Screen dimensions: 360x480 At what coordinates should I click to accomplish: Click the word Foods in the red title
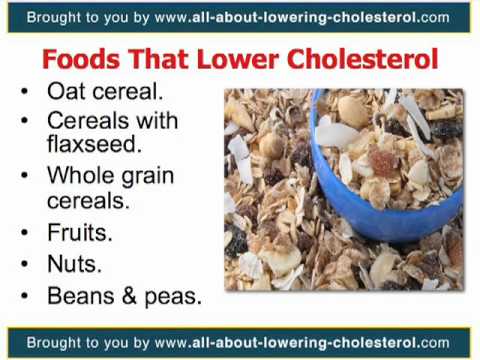[79, 59]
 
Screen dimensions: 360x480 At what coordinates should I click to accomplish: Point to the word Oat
[66, 91]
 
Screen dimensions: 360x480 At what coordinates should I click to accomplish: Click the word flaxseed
[89, 146]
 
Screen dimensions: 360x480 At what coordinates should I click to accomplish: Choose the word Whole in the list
[79, 176]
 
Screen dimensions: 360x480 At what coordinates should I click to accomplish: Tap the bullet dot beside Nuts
[26, 265]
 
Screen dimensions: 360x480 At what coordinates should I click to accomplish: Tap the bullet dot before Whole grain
[26, 177]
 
